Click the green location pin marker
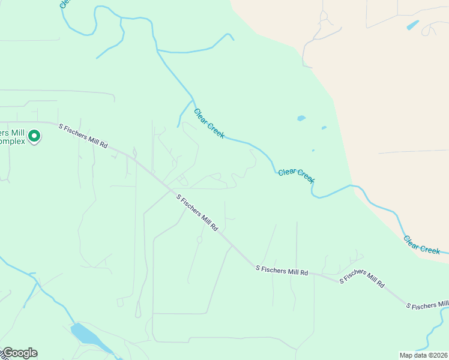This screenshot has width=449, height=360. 34,137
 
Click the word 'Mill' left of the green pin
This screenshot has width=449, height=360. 18,133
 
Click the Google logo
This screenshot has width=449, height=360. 19,353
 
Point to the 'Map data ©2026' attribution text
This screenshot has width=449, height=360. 424,355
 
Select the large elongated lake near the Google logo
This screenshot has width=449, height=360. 86,335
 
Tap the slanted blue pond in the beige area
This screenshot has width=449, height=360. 413,25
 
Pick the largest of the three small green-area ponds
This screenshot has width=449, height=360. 301,118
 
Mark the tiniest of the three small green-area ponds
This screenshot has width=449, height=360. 313,151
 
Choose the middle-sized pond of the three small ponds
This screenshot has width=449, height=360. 324,127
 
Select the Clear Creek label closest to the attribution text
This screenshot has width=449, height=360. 421,244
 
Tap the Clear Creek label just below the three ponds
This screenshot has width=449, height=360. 297,175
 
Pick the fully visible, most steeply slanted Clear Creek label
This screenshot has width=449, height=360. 209,124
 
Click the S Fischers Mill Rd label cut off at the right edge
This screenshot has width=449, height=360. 427,305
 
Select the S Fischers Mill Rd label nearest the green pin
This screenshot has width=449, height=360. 83,136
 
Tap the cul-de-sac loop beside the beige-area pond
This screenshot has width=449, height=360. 430,29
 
